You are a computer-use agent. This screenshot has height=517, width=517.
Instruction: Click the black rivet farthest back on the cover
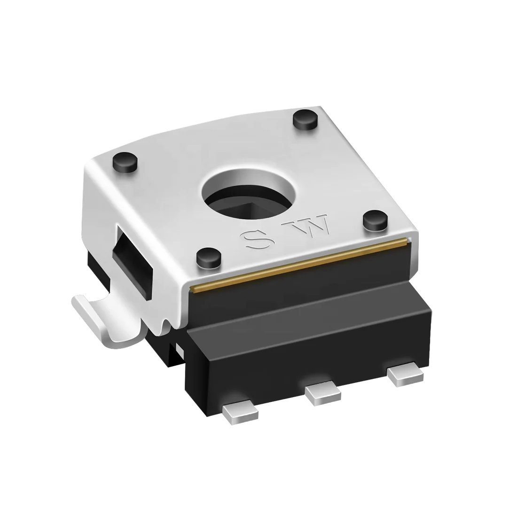305,121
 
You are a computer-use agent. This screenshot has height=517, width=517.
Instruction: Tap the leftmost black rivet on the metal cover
125,163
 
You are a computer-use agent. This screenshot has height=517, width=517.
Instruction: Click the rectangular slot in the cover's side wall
132,264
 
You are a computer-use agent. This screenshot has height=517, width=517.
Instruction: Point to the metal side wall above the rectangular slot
108,202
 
